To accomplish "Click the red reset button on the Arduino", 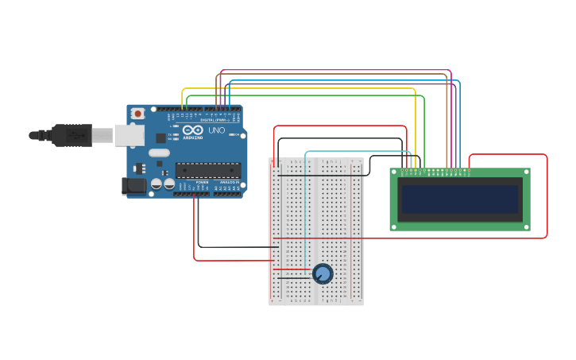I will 138,114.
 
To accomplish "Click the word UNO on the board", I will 217,130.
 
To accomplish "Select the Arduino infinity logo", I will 193,130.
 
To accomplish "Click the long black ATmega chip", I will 208,170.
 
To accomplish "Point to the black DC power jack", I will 134,186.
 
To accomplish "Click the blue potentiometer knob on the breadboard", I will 323,274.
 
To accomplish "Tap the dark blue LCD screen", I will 459,199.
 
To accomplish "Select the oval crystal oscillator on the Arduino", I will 159,153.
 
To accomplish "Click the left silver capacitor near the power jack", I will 157,184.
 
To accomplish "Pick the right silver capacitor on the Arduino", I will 169,184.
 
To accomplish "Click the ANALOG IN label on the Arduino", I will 229,182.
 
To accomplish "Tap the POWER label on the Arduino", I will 202,182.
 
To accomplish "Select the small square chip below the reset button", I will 160,137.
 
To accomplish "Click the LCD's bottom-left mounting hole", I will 394,226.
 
